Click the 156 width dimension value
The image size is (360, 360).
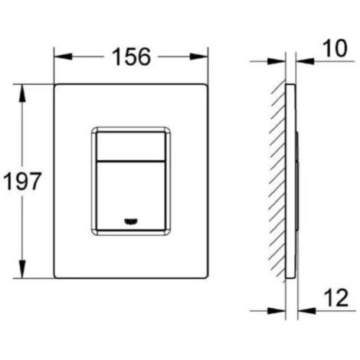coord(131,57)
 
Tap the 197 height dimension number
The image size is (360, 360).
coord(22,181)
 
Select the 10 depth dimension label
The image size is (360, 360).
coord(335,48)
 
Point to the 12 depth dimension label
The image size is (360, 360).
coord(336,298)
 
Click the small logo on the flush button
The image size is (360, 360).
coord(131,221)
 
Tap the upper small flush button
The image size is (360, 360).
coord(131,146)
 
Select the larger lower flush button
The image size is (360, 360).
coord(131,196)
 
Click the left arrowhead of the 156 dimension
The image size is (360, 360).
coord(63,57)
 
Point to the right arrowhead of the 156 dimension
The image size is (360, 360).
coord(199,57)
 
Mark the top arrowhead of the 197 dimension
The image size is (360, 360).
coord(22,93)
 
